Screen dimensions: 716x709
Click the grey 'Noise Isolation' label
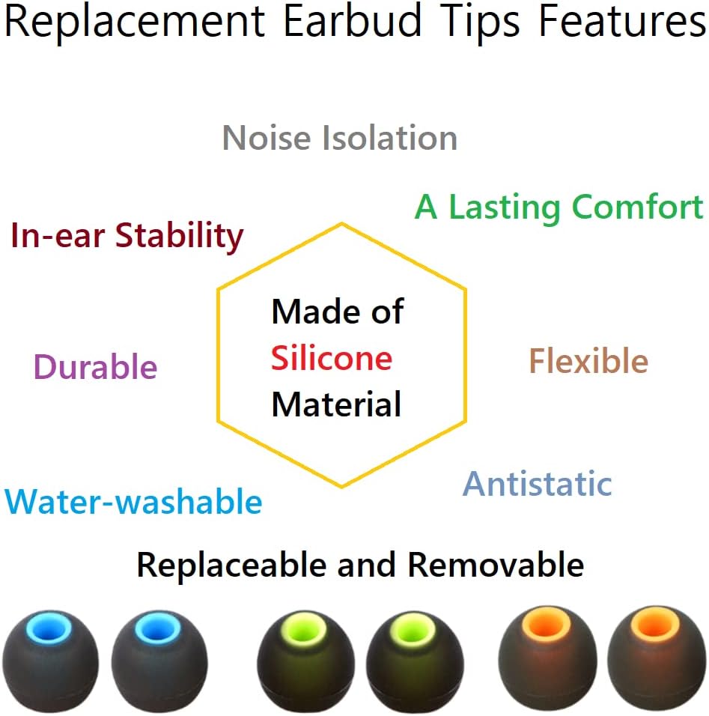coord(340,139)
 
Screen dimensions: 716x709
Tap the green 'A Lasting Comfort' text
coord(559,207)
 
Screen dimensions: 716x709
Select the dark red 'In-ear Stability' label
coord(127,237)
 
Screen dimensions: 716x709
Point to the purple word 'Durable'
coord(96,368)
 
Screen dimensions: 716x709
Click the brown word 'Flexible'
coord(588,362)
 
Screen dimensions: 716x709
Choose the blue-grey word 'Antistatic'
coord(538,484)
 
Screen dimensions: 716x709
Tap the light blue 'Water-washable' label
coord(133,502)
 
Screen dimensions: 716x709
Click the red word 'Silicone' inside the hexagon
coord(332,359)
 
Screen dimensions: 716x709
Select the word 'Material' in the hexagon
coord(336,404)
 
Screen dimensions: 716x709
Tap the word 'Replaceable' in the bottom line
coord(233,565)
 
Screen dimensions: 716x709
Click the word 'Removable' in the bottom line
coord(496,565)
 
